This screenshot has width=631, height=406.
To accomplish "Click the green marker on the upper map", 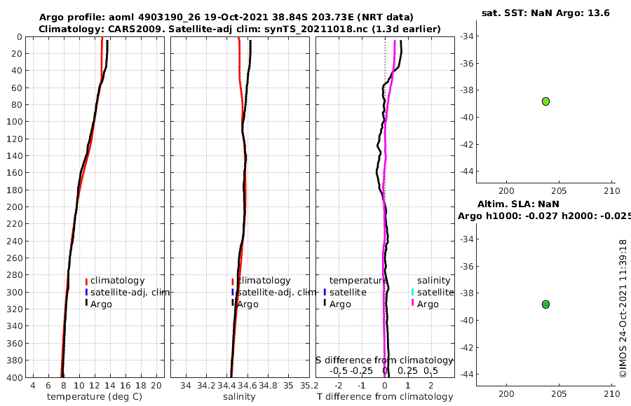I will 545,101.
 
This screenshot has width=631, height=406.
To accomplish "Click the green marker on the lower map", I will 545,304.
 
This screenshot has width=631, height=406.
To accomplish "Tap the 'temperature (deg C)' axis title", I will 95,397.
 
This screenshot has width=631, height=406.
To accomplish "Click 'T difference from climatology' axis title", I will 385,397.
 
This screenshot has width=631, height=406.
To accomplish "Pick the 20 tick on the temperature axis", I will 157,385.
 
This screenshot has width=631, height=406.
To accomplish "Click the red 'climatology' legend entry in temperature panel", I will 117,281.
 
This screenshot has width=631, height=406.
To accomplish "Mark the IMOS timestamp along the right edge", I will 623,308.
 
